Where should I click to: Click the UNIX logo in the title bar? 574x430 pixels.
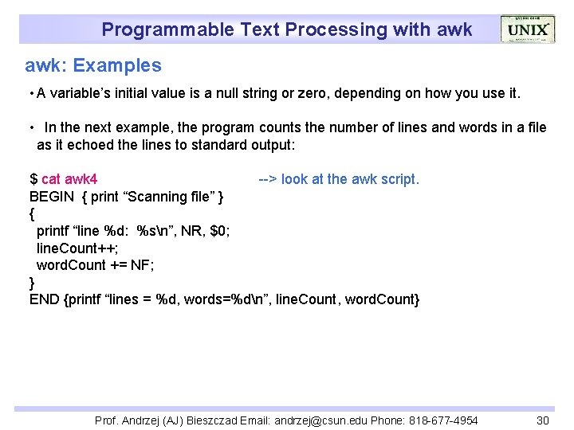tap(527, 29)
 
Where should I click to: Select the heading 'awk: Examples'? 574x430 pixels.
tap(93, 66)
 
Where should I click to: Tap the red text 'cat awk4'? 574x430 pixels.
tap(69, 179)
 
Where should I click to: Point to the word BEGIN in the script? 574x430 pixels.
tap(52, 197)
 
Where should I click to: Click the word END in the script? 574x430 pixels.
tap(45, 299)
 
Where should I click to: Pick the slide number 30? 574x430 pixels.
tap(543, 420)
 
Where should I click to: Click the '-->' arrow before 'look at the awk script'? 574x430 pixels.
tap(268, 179)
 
